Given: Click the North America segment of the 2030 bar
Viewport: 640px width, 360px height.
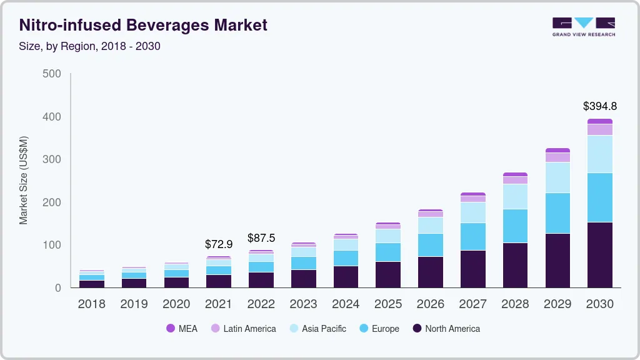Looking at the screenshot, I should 600,254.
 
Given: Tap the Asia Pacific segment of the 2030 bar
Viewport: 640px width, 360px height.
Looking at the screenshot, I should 600,154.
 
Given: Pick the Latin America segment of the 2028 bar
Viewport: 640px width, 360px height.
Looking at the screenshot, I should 515,180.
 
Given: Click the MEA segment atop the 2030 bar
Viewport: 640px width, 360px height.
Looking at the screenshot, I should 600,121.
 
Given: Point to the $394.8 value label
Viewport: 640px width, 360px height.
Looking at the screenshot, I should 600,106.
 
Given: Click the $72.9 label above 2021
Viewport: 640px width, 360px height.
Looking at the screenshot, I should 219,244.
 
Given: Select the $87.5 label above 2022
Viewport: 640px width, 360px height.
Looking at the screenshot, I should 261,237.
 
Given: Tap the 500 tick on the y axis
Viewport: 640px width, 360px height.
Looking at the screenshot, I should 52,74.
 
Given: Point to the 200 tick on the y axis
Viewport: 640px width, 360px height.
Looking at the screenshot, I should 52,202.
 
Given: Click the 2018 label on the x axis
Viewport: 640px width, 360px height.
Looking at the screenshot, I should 91,304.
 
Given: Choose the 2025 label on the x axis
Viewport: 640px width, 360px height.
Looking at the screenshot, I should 388,304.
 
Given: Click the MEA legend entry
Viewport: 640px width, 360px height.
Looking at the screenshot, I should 182,328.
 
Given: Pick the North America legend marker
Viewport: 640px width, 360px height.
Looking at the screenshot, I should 416,328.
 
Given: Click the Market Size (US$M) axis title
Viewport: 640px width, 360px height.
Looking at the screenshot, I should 24,180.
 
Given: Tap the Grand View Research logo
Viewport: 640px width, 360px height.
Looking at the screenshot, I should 583,26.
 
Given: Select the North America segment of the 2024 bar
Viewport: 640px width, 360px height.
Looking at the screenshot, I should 346,276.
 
